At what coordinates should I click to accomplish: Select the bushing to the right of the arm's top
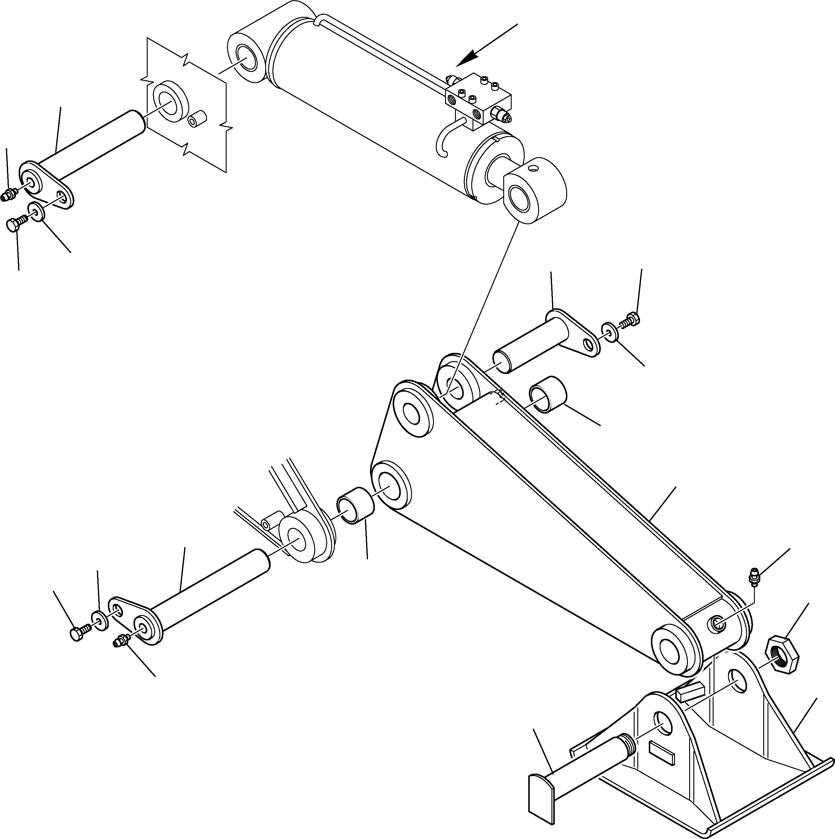(x=548, y=394)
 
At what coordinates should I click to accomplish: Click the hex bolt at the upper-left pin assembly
(x=15, y=225)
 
